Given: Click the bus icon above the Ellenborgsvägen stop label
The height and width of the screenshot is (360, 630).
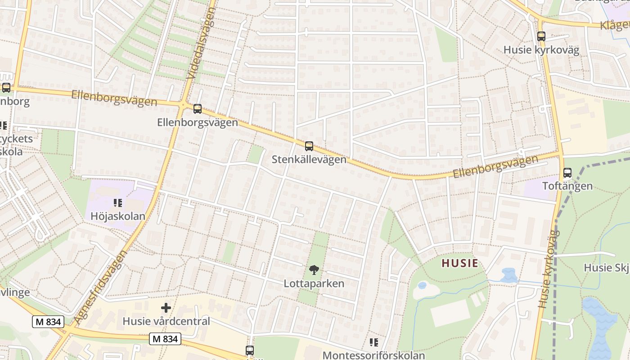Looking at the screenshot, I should click(197, 108).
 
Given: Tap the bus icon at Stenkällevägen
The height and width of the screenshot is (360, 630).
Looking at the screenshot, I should click(309, 146).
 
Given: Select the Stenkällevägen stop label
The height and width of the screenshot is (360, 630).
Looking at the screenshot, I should click(309, 160).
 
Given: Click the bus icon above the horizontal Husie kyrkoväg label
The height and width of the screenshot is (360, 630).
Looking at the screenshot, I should click(541, 36).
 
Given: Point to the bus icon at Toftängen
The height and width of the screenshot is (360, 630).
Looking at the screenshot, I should click(567, 173).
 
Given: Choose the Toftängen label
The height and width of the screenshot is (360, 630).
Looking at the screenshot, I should click(567, 186).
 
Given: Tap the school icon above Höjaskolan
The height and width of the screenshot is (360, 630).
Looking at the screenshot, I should click(118, 203).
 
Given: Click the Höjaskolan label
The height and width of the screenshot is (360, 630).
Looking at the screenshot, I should click(118, 216).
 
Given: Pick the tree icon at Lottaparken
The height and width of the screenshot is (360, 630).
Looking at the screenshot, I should click(314, 270).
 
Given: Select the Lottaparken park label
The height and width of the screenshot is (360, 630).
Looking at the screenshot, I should click(314, 283).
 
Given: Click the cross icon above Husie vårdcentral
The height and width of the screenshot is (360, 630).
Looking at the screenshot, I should click(166, 308).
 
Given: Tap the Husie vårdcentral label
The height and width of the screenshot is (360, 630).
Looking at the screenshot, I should click(166, 321).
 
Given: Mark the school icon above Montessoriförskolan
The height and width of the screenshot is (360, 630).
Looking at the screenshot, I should click(373, 342).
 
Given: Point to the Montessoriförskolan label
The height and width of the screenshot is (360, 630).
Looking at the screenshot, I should click(373, 355).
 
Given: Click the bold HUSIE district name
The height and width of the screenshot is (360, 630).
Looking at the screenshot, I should click(459, 263).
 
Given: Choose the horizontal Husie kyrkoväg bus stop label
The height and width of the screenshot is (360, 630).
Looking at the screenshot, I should click(541, 50).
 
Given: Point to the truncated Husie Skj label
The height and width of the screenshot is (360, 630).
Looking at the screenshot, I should click(606, 268).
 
